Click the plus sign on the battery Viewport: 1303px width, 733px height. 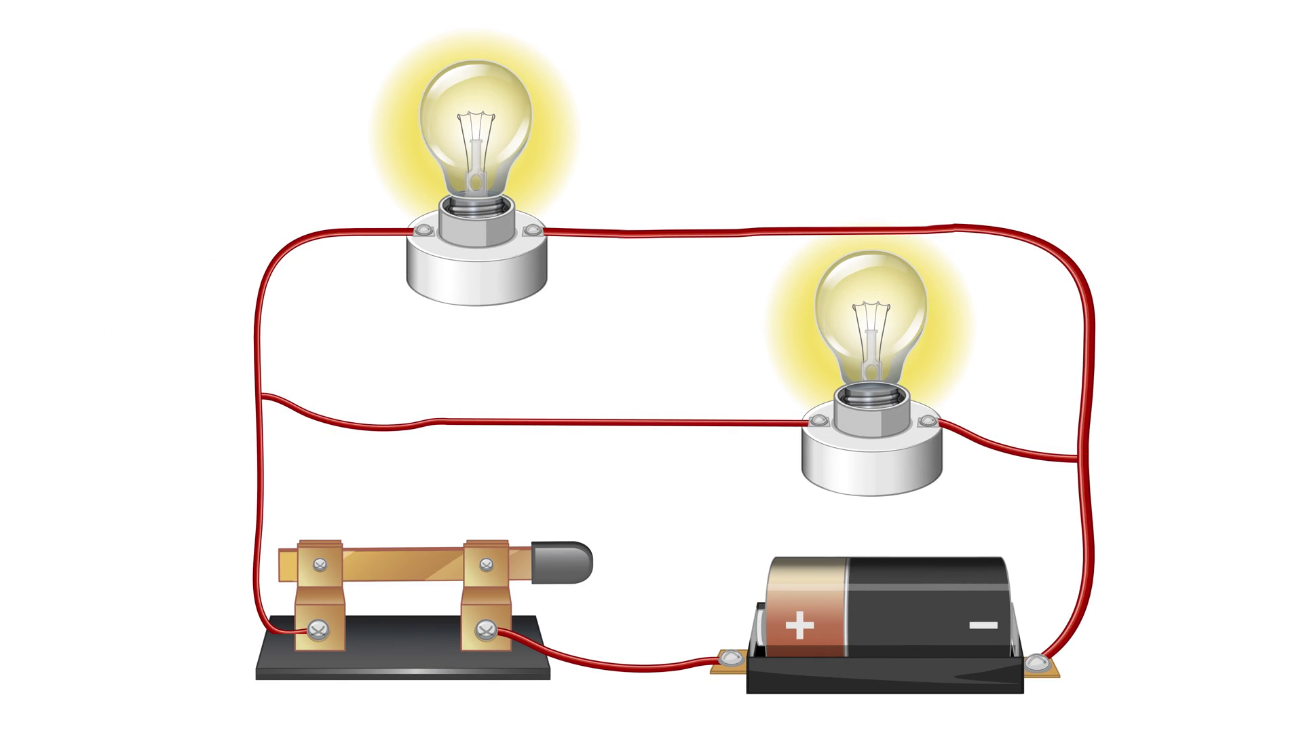click(x=799, y=625)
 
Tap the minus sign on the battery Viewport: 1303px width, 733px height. click(x=983, y=625)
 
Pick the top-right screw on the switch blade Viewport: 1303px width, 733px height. click(x=486, y=564)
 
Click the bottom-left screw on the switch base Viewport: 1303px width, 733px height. click(x=318, y=631)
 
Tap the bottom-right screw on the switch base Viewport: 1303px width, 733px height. click(x=485, y=631)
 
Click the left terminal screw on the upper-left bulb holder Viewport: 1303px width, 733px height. click(x=424, y=231)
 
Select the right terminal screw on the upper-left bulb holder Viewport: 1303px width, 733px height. click(x=531, y=231)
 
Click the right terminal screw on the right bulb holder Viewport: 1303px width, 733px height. click(x=926, y=421)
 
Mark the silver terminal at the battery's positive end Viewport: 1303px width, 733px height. click(x=730, y=658)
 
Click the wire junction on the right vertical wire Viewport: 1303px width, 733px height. click(x=1076, y=459)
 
